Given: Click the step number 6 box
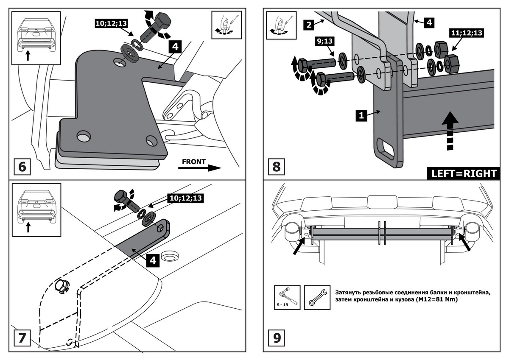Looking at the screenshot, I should pos(22,166).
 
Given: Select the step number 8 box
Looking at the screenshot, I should pos(276,166).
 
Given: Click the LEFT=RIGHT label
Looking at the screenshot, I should pos(464,173).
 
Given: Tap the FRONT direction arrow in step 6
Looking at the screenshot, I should pos(200,166).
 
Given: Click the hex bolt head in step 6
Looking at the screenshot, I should pos(163,21).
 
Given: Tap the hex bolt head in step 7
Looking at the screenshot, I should pos(121,198).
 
